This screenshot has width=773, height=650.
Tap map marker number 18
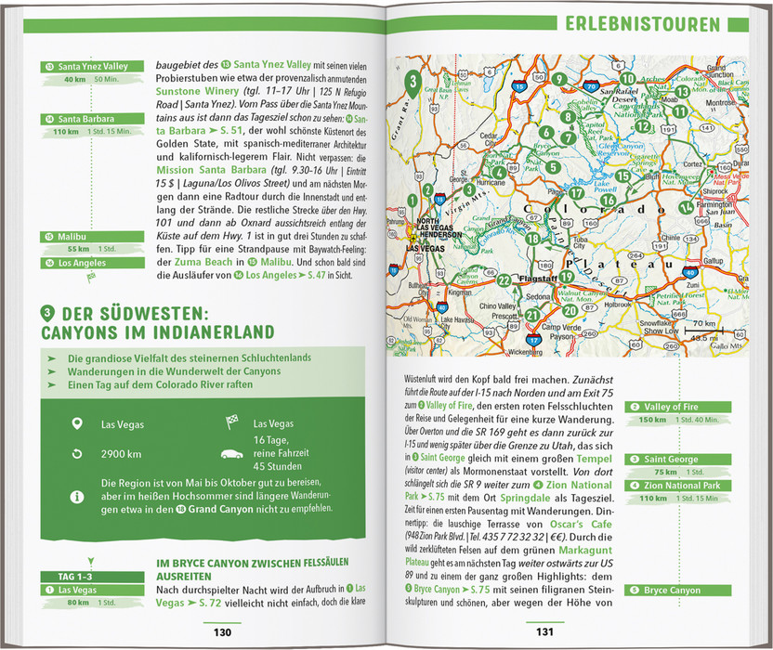click(x=532, y=238)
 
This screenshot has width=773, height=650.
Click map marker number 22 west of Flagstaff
click(x=504, y=279)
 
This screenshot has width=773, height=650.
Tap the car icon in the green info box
click(x=228, y=454)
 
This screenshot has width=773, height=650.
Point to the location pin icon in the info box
click(x=77, y=424)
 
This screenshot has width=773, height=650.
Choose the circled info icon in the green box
click(x=77, y=497)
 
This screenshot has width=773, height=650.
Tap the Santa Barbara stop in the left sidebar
click(x=85, y=119)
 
